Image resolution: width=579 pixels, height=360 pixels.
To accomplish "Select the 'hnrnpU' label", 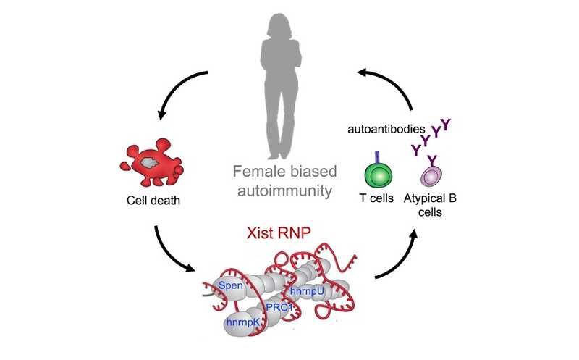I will coord(309,291).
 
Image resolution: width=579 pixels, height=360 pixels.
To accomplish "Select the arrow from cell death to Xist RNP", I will coord(174,254).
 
